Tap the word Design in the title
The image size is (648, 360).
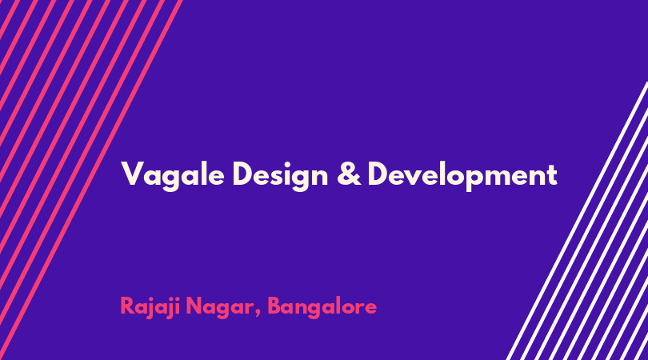pos(280,176)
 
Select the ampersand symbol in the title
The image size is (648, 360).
pos(349,174)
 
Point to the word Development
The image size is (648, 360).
pos(462,176)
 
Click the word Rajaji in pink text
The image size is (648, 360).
pos(150,307)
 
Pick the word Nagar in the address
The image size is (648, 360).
pos(220,308)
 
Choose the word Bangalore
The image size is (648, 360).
pos(322,307)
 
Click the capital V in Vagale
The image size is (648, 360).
pos(133,174)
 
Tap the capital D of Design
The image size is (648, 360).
pos(243,174)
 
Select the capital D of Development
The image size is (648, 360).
pos(378,174)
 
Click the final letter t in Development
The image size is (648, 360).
pos(552,175)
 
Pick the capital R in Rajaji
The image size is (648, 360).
pos(127,306)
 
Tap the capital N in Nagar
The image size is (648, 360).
pos(194,306)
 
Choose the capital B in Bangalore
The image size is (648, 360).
pos(274,306)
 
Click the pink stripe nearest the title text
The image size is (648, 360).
pos(91,180)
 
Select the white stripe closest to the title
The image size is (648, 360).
pos(578,221)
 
